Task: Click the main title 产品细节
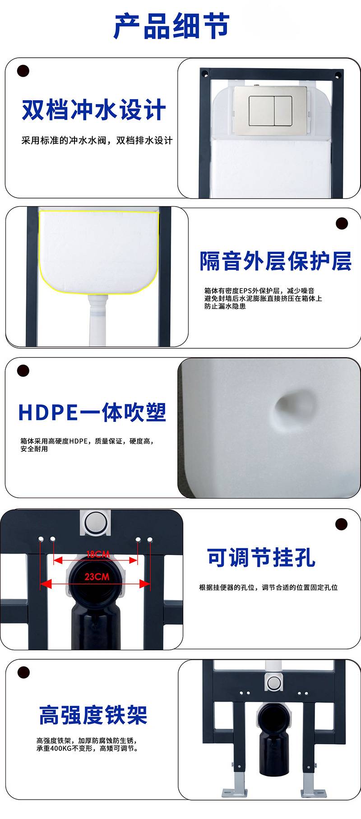(171, 26)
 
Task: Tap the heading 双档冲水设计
(94, 110)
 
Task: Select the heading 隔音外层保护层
(275, 261)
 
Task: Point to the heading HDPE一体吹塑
(92, 412)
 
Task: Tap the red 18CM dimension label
(97, 554)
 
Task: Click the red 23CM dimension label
(97, 577)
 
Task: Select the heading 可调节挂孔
(261, 557)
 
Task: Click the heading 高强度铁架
(93, 715)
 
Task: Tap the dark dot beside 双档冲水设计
(23, 71)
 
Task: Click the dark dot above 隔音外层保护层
(342, 223)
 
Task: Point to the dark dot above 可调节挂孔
(342, 524)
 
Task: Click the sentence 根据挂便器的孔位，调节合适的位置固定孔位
(268, 588)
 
